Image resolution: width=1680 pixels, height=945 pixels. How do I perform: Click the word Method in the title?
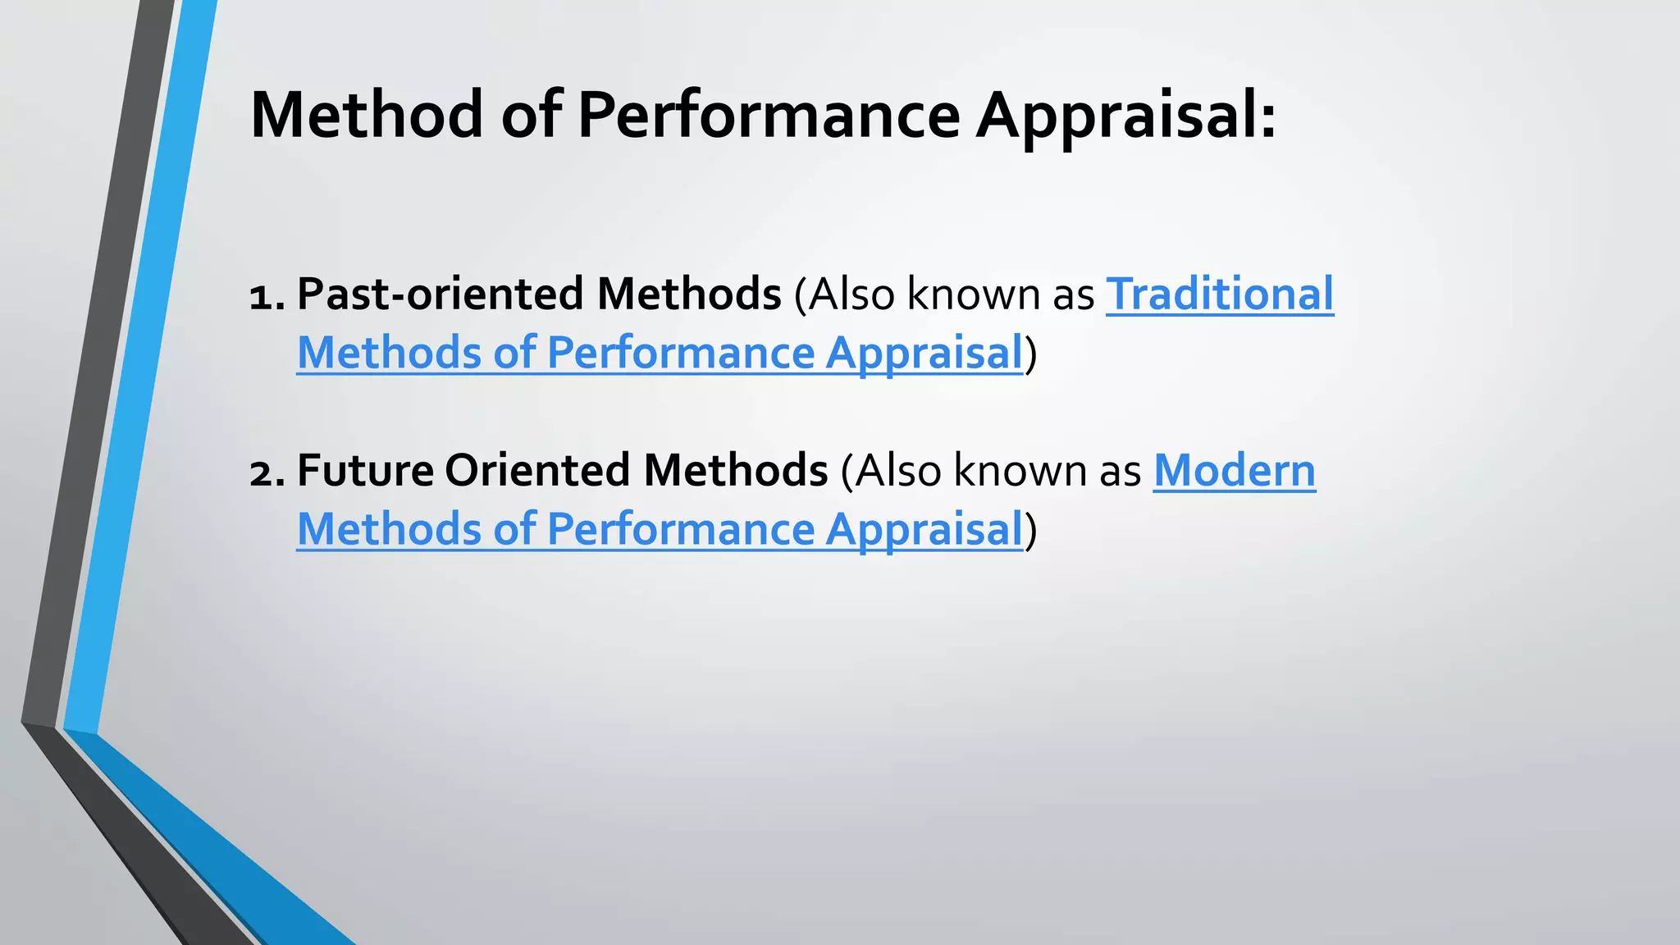[x=366, y=115]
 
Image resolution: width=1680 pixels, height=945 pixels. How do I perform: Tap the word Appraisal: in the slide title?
[x=1125, y=115]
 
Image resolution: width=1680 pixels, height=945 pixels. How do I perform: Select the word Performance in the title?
[x=769, y=115]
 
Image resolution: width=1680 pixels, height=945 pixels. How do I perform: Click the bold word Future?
[x=365, y=470]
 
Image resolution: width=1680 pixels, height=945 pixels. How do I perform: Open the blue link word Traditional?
[x=1220, y=294]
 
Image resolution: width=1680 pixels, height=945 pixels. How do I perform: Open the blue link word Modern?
[x=1234, y=470]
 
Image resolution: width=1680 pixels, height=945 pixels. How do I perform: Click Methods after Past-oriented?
[x=689, y=294]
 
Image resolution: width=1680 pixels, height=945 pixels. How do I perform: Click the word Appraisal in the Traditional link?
[x=924, y=354]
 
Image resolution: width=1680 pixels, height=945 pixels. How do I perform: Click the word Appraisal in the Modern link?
[x=924, y=530]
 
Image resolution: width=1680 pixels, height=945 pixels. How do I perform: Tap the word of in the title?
[x=531, y=115]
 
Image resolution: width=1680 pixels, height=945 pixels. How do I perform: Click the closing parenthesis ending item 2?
[x=1031, y=530]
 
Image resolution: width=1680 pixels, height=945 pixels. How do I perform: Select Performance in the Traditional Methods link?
[x=681, y=354]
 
